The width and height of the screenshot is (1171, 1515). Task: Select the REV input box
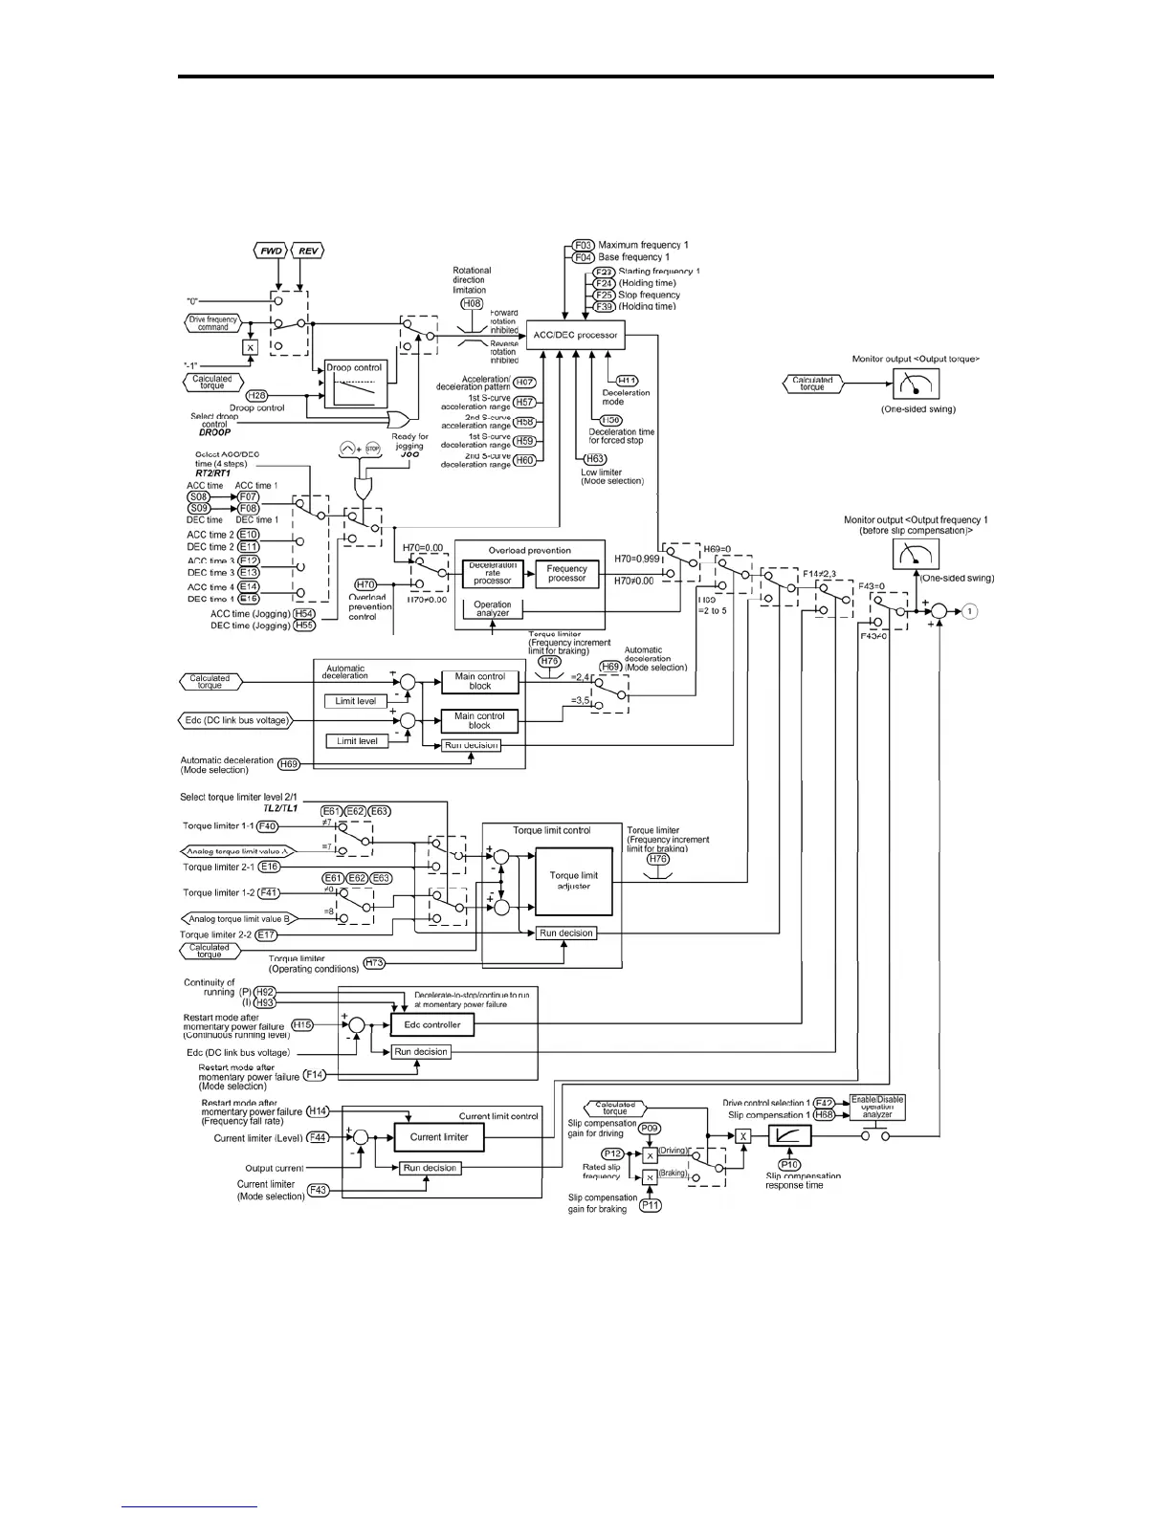[x=308, y=251]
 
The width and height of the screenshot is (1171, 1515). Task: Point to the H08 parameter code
[x=471, y=303]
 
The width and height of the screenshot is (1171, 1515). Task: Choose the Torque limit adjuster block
[x=573, y=880]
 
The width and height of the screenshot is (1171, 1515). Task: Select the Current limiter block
[x=439, y=1137]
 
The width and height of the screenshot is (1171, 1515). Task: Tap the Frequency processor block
[x=566, y=573]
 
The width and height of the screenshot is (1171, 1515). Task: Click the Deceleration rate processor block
[x=493, y=573]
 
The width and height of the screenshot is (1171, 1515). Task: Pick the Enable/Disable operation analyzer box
[x=877, y=1108]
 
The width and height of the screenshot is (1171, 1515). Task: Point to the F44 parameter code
[x=318, y=1138]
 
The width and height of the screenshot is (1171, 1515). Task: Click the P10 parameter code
[x=789, y=1165]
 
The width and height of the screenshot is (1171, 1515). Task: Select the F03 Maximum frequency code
[x=584, y=245]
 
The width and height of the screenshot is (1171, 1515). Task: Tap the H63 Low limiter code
[x=595, y=459]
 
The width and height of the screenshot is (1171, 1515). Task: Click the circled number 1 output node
[x=970, y=610]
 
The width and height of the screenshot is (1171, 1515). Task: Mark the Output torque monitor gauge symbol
[x=916, y=384]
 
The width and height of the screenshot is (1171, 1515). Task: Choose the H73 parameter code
[x=374, y=963]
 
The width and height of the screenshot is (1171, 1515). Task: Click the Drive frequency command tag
[x=213, y=323]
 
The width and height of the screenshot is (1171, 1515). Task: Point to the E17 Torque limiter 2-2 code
[x=265, y=934]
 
